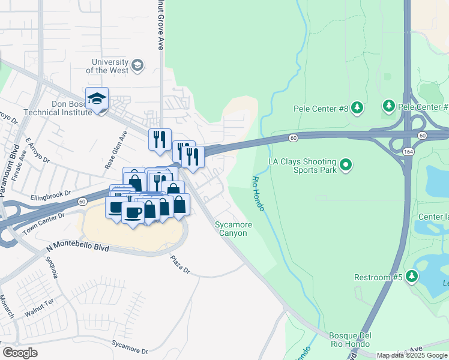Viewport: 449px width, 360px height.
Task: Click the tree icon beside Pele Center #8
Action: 357,108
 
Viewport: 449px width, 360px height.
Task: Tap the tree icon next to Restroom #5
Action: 411,277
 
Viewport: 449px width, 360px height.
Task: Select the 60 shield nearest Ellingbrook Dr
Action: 81,202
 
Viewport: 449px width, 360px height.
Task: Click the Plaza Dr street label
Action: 179,265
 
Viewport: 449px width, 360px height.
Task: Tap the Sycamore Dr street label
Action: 128,346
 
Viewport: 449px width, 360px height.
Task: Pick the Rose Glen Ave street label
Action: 115,149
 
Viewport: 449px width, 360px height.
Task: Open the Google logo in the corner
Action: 20,353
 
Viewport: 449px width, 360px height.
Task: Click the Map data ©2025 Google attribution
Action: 412,355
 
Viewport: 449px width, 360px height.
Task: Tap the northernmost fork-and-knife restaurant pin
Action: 160,140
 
